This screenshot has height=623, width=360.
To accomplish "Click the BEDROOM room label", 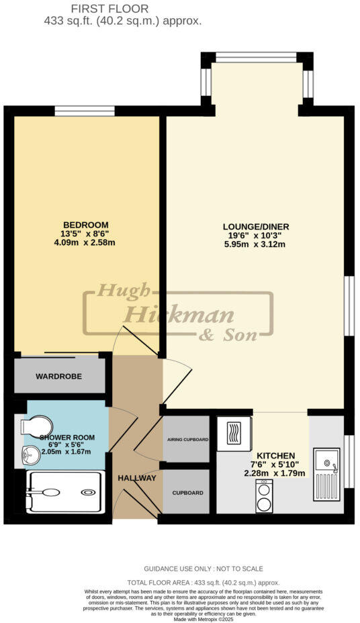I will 86,224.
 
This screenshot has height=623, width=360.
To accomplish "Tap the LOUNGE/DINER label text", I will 256,227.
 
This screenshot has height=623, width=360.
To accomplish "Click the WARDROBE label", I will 59,377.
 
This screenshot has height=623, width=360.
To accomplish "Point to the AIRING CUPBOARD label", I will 187,440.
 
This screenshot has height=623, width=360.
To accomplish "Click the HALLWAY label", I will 137,478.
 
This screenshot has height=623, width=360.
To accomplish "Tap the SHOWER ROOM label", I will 67,437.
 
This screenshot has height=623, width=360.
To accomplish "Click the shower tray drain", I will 88,492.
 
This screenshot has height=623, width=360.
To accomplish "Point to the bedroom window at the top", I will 85,111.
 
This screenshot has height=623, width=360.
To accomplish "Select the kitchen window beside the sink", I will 349,461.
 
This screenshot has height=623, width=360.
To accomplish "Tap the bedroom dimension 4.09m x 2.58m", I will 86,242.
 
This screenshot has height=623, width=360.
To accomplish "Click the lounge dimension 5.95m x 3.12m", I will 256,244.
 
